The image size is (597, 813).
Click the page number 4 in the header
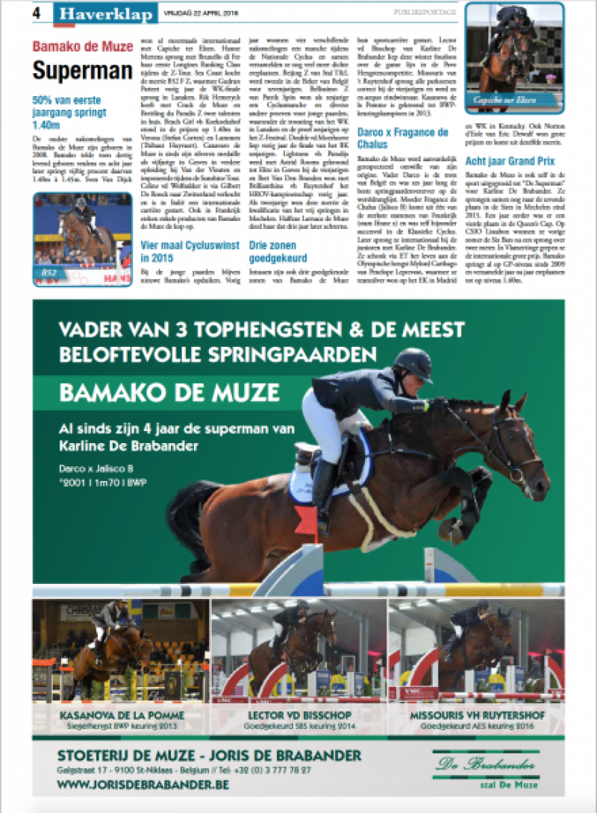[x=37, y=12]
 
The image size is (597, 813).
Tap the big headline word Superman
[x=82, y=71]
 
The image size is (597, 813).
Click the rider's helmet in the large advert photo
[x=412, y=365]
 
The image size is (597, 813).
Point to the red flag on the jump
[x=306, y=517]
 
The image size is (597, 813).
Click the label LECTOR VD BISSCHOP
[x=298, y=715]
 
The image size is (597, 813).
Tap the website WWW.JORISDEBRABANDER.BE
[x=143, y=785]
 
